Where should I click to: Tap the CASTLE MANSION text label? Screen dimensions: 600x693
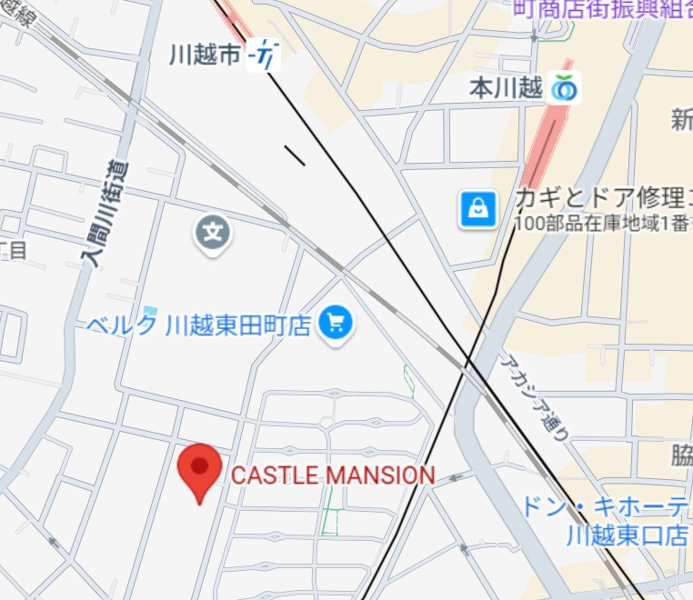[x=333, y=475]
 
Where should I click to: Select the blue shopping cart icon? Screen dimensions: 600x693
[x=336, y=324]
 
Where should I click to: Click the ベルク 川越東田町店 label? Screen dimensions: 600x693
[x=200, y=324]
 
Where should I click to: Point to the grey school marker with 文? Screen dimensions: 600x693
[x=213, y=234]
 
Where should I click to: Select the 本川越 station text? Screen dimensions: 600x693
[x=506, y=88]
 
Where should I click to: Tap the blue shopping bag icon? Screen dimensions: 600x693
[x=477, y=210]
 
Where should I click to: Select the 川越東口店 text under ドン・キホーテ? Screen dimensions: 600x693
[x=627, y=535]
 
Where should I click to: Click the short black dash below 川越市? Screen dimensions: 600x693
[x=295, y=155]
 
